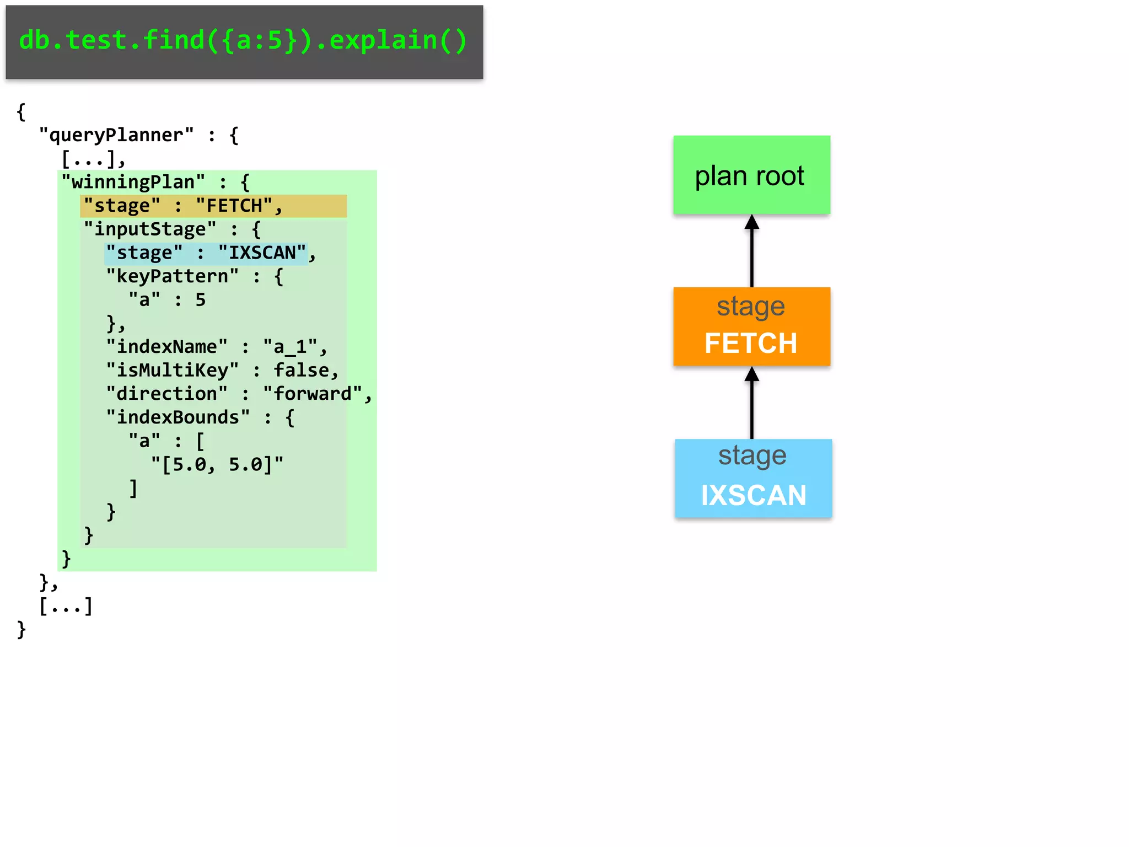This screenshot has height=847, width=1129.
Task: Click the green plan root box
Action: tap(751, 175)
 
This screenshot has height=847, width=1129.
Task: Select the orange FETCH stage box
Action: tap(751, 326)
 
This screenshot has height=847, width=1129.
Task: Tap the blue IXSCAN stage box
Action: tap(753, 478)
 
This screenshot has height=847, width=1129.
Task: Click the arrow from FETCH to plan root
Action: tap(752, 251)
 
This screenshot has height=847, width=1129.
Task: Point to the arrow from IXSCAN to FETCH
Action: tap(752, 403)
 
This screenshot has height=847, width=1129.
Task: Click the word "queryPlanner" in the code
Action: tap(116, 135)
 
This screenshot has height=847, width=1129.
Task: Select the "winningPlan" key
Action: tap(133, 182)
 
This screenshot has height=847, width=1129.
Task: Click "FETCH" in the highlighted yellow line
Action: tap(234, 206)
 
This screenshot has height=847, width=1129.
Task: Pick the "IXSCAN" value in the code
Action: tap(262, 253)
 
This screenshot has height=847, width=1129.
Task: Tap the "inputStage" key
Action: tap(150, 229)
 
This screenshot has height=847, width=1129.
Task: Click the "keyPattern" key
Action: tap(173, 276)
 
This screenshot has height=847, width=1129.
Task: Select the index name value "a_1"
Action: tap(290, 347)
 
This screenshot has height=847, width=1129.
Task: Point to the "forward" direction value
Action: tap(313, 394)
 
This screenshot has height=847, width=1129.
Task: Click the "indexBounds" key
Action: tap(178, 417)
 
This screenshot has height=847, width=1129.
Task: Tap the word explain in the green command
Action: tap(383, 40)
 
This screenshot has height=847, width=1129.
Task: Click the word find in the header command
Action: tap(173, 40)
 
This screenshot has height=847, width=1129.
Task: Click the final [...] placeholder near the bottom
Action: tap(66, 606)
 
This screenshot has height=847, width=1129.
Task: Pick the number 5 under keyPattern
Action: tap(201, 299)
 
